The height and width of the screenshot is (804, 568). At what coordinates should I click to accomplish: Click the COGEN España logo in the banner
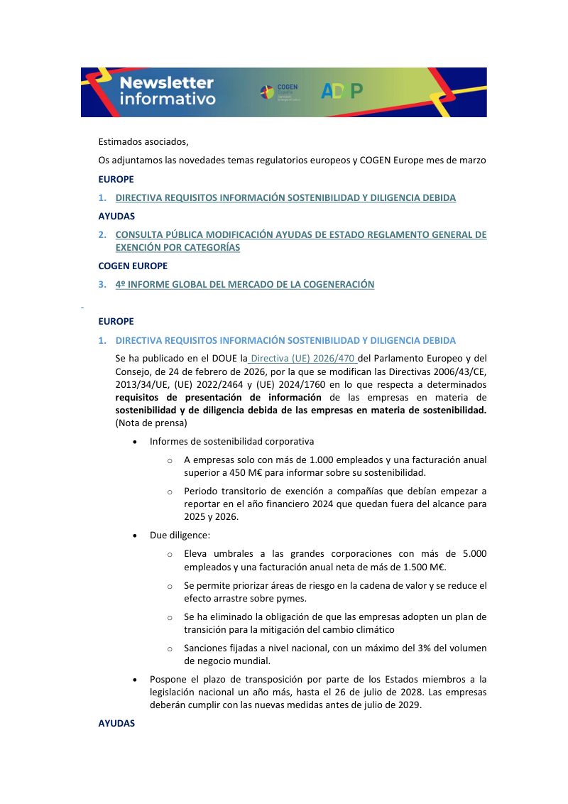[279, 92]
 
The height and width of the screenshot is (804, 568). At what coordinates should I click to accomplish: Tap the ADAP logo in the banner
[342, 91]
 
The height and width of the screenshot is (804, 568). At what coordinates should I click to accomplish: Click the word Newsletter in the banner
[166, 82]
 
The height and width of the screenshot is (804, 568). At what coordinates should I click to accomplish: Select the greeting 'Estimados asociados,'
[143, 142]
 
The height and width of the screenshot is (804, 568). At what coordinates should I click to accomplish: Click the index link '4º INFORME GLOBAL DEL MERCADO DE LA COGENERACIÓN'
[245, 285]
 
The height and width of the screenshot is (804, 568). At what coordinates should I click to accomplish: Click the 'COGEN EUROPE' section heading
[133, 266]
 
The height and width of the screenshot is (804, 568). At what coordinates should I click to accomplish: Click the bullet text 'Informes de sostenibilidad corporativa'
[231, 442]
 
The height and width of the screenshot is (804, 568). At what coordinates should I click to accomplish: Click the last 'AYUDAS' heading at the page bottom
[116, 724]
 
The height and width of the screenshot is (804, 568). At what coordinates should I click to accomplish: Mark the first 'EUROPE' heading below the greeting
[116, 179]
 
